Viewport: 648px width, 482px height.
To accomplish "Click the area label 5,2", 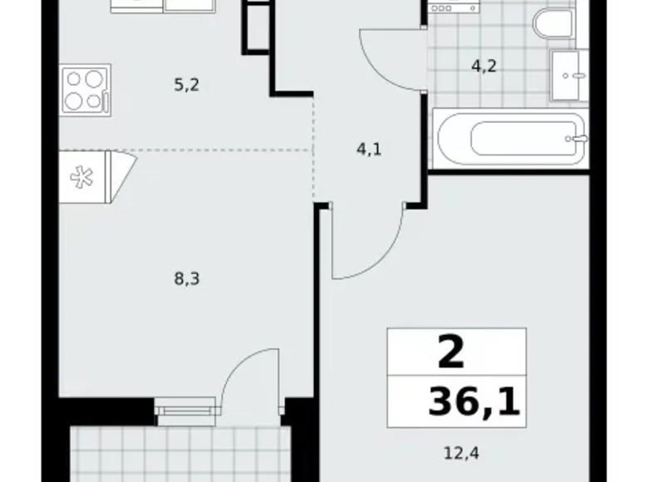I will click(x=186, y=84).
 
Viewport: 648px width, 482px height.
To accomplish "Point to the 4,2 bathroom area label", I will click(x=484, y=66).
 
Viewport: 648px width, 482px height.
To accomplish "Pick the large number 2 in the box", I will click(x=450, y=355).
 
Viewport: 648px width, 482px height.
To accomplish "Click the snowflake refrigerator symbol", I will click(x=81, y=178).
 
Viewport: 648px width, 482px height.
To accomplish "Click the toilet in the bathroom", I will click(x=552, y=23).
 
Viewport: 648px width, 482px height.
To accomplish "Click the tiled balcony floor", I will click(x=179, y=453).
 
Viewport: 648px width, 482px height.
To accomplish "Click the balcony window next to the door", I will click(x=185, y=406).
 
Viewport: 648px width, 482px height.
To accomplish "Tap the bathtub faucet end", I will click(x=572, y=139).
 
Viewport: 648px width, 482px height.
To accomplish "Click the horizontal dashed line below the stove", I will click(x=224, y=150).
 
